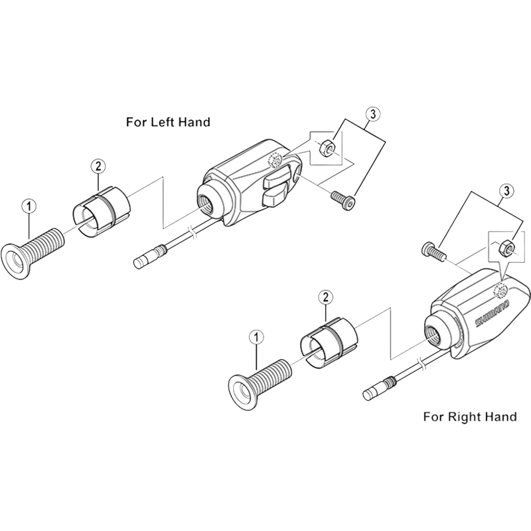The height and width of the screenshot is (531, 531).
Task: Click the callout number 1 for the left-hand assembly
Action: pyautogui.click(x=27, y=205)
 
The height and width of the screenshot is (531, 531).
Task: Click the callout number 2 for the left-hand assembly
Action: pyautogui.click(x=98, y=165)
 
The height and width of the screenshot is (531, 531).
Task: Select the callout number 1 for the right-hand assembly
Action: pyautogui.click(x=256, y=337)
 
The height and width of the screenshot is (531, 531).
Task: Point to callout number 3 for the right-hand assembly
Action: pyautogui.click(x=506, y=190)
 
